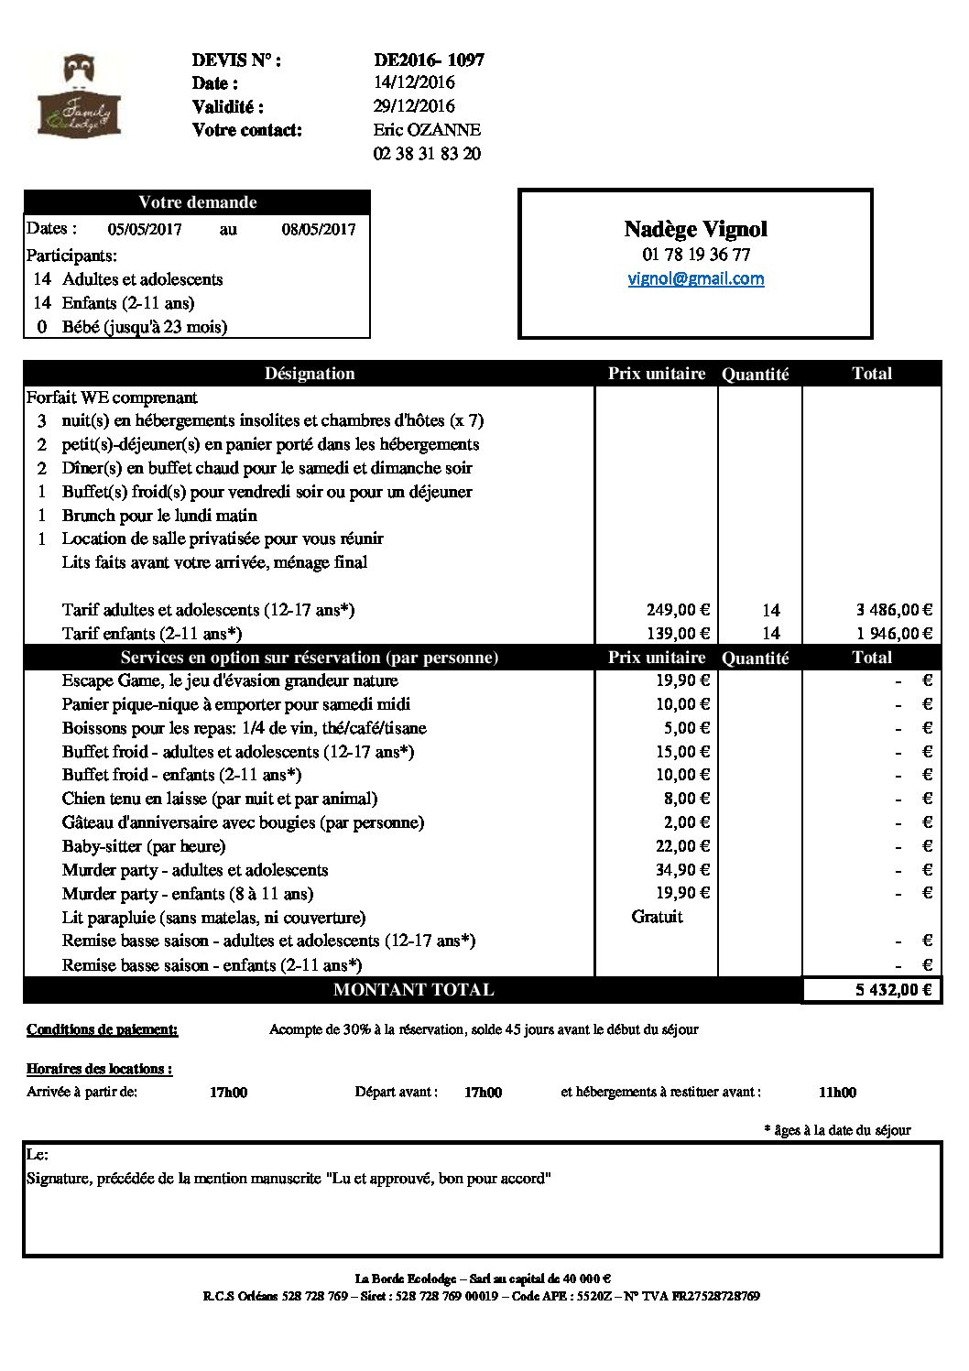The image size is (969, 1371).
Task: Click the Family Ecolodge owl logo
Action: [80, 96]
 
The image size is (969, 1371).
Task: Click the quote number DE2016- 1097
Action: [429, 60]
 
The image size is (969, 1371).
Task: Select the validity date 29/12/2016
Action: [414, 106]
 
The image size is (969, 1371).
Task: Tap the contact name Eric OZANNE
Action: [427, 130]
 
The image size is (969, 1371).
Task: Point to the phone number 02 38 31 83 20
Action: [427, 154]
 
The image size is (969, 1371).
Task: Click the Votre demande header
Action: [197, 202]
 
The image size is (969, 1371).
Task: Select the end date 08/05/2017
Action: [318, 230]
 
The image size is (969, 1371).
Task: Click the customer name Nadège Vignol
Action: [695, 229]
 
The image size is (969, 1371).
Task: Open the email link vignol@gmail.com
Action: [695, 278]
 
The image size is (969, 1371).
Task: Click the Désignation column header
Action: [310, 374]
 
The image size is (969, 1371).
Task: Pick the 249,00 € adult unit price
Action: [678, 610]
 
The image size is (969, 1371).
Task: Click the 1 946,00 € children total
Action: [894, 634]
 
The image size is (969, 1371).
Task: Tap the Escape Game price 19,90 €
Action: [682, 680]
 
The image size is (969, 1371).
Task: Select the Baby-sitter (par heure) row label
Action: [144, 846]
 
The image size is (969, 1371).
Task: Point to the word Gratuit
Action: [657, 917]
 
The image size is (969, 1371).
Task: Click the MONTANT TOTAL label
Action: [413, 990]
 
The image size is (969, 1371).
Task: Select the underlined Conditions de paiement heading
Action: [103, 1030]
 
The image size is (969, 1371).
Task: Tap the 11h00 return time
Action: [837, 1093]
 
